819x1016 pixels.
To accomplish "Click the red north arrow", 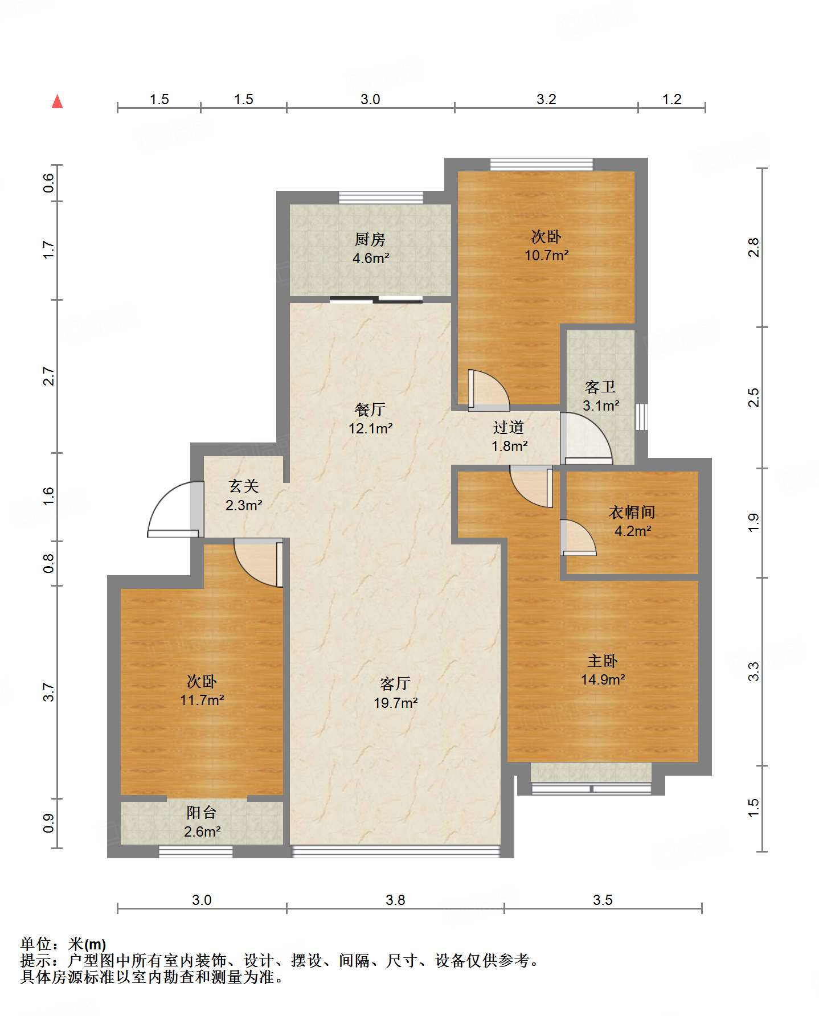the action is coord(57,101).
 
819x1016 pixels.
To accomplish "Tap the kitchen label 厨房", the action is coord(370,240).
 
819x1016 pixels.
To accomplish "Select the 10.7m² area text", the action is coord(547,255).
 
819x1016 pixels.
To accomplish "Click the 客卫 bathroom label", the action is coord(600,387).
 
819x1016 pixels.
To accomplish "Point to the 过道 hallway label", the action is coord(509,427).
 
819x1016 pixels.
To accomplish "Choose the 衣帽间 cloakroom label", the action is coord(632,513).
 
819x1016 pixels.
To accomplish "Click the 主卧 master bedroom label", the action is coord(603,661).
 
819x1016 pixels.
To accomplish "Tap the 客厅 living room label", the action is coord(395,684).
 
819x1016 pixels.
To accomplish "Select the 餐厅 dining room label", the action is coord(370,409).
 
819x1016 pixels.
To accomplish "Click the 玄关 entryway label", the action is coord(244,486).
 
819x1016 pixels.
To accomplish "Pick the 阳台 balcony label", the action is coord(202,813).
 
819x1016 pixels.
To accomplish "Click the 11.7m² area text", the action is coord(202,700).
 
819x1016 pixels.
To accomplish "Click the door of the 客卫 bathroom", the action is coord(586,438).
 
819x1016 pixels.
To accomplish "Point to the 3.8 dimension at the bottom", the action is coord(395,900).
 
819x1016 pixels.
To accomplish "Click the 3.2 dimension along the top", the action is coord(546,99).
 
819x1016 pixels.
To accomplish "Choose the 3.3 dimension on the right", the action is coord(754,671).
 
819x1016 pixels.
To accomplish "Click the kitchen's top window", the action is coord(381,198).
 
